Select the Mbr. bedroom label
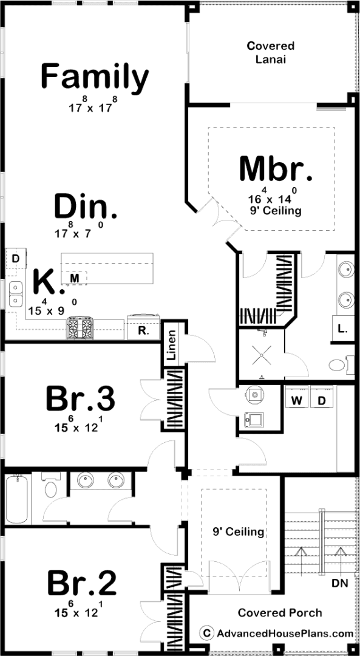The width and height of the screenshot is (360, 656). coord(276,169)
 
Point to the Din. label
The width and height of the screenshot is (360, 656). coord(86,206)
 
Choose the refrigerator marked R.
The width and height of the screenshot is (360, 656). coord(143,327)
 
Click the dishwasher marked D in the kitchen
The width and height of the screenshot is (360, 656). coord(15,259)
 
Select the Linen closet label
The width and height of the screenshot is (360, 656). coord(171,346)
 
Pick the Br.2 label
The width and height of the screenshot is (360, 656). coord(81,583)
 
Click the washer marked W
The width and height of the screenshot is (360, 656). coord(296,400)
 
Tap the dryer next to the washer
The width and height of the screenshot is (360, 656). coord(322,400)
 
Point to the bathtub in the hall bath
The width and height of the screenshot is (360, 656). coord(17,499)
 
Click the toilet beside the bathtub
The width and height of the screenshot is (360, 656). coord(51,485)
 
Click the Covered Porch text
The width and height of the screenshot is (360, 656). coord(280,613)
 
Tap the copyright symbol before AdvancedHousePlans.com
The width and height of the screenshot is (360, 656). coord(206,634)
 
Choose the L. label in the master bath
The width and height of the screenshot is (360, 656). coord(342,329)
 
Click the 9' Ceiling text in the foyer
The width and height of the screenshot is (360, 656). coord(239,532)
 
